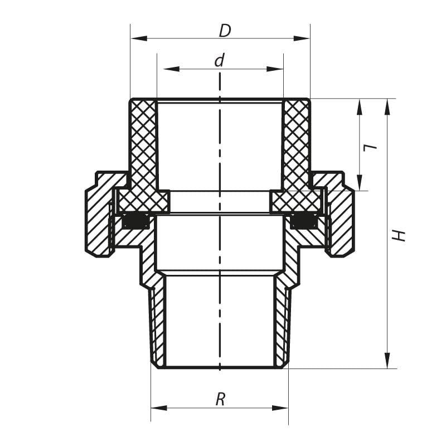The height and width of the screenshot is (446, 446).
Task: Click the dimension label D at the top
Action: (x=224, y=31)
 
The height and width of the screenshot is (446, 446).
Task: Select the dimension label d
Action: (x=220, y=61)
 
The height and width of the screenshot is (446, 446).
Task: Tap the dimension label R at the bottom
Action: (x=220, y=399)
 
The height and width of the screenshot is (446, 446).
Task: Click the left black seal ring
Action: (x=135, y=222)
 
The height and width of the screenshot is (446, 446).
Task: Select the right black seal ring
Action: (x=304, y=222)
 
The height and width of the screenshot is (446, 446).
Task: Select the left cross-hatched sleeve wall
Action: (x=143, y=145)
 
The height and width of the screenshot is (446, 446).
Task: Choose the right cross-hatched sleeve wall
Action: (x=296, y=145)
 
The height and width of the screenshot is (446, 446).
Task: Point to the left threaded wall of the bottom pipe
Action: (x=158, y=323)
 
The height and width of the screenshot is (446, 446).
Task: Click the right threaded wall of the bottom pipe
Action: (x=282, y=323)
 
